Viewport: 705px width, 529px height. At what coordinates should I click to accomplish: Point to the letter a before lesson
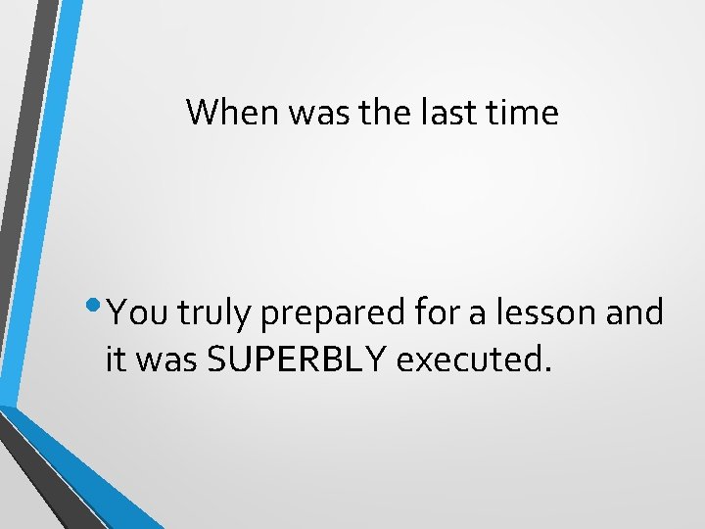[482, 315]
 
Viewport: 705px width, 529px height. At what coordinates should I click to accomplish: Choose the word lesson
[544, 313]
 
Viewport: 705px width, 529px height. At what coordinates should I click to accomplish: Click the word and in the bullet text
[636, 313]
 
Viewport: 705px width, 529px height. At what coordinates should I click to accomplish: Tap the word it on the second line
[117, 360]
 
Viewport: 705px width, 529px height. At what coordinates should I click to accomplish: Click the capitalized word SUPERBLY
[299, 360]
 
